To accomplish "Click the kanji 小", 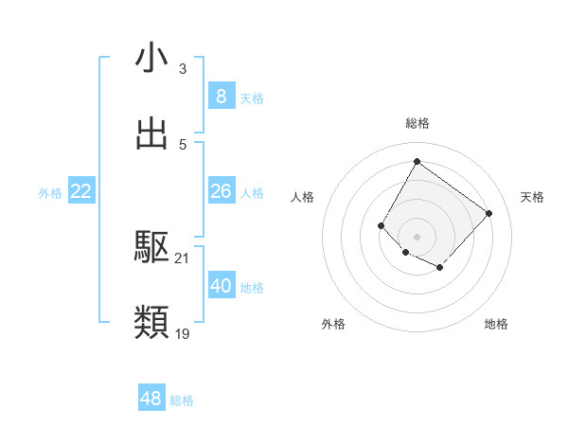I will click(151, 59).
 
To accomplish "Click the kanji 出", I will click(151, 133).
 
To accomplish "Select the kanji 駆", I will click(151, 247).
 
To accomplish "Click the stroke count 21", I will click(182, 258).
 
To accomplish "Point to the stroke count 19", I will click(182, 333).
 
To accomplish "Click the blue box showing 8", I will click(221, 97).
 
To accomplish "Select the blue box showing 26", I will click(221, 191).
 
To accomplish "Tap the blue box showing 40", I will click(221, 286).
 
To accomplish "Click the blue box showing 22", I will click(81, 191).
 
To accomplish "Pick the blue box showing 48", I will click(151, 399).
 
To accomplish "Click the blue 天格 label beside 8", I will click(252, 98).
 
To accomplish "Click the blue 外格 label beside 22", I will click(50, 193).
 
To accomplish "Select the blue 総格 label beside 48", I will click(182, 400).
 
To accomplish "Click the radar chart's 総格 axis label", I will click(417, 124).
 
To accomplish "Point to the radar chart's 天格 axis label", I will click(532, 197).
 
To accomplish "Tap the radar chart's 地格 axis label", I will click(496, 325).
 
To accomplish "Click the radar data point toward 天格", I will click(488, 213).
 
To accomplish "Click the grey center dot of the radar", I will click(417, 236).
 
